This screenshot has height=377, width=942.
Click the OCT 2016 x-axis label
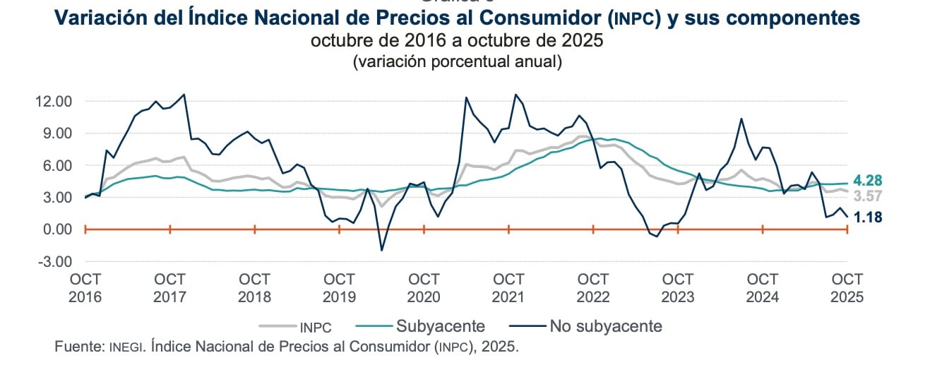pyautogui.click(x=85, y=287)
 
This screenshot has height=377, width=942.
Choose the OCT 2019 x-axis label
pyautogui.click(x=339, y=287)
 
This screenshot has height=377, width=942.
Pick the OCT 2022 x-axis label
pyautogui.click(x=593, y=287)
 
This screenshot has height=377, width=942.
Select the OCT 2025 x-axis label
pyautogui.click(x=847, y=287)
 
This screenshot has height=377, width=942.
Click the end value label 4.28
pyautogui.click(x=868, y=181)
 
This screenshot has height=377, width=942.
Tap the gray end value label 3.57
pyautogui.click(x=868, y=196)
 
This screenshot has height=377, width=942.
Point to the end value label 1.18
pyautogui.click(x=868, y=218)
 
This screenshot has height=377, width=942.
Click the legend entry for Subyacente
pyautogui.click(x=440, y=325)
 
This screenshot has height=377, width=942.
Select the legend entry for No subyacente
pyautogui.click(x=606, y=325)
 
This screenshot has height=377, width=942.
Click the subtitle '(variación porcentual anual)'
pyautogui.click(x=457, y=61)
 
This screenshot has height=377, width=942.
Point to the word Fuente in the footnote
pyautogui.click(x=78, y=347)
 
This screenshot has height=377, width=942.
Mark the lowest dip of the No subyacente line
pyautogui.click(x=381, y=250)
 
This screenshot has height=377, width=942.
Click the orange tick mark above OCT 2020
pyautogui.click(x=424, y=229)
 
